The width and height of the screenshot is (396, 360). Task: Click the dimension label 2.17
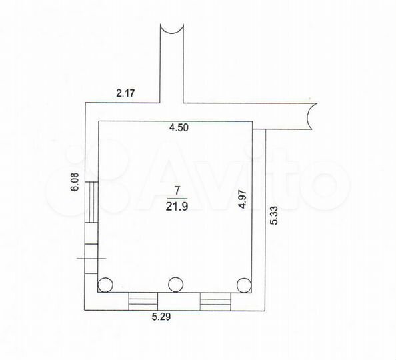click(125, 94)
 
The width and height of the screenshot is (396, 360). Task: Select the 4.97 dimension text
click(244, 200)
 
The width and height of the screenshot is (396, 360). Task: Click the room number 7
click(176, 189)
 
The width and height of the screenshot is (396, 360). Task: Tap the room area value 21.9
click(176, 205)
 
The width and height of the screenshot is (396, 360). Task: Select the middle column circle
click(175, 285)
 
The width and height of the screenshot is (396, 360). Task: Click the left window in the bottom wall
click(141, 301)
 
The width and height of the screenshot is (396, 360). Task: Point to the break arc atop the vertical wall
click(171, 29)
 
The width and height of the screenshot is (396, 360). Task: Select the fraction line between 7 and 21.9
click(176, 197)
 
